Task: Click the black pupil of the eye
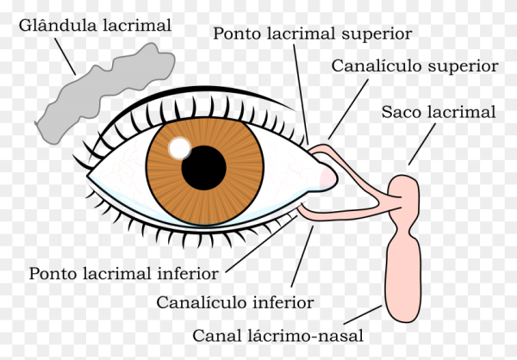point(203,168)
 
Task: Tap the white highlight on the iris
point(180,147)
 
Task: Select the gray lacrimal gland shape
point(105,93)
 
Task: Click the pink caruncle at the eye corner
point(328,177)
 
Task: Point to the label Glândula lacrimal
point(95,26)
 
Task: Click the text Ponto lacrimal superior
point(313,34)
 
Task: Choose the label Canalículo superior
point(414,66)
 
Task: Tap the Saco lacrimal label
point(439,112)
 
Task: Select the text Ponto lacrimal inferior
point(124,274)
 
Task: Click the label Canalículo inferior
point(235,302)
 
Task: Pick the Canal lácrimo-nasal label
point(278,336)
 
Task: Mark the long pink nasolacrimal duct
point(403,277)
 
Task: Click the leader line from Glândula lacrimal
point(65,56)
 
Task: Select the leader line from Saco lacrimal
point(421,145)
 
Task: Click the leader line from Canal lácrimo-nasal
point(363,315)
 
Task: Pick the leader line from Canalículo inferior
point(302,257)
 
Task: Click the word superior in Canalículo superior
point(463,67)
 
